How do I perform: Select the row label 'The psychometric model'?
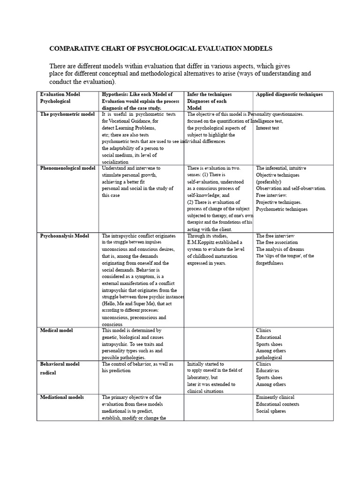(67, 114)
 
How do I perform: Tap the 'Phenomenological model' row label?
(67, 168)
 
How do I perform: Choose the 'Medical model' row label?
(56, 330)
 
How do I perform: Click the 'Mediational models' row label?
(62, 397)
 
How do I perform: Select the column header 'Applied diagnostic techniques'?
(289, 94)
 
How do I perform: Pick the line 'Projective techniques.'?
(278, 202)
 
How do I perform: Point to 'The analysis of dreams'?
(280, 249)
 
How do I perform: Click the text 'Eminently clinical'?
(275, 397)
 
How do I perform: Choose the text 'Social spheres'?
(271, 411)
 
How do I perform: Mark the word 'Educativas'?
(269, 371)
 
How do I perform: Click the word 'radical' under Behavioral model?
(48, 373)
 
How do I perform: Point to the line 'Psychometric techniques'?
(282, 209)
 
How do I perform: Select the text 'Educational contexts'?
(277, 404)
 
